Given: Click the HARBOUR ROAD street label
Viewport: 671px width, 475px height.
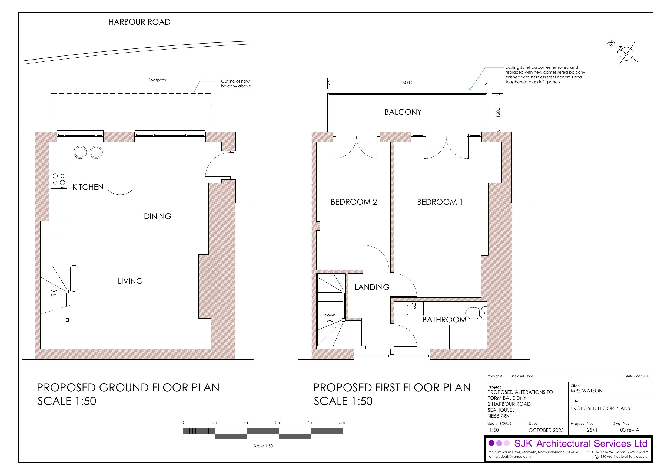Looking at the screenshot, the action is tap(139, 22).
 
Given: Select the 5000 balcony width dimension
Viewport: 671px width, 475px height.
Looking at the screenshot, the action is tap(407, 83).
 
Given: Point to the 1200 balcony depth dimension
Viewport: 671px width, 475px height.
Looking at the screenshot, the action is tap(498, 112).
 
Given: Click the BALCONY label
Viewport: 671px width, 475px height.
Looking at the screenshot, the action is tap(403, 112).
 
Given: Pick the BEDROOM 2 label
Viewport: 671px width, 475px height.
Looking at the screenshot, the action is tap(354, 202).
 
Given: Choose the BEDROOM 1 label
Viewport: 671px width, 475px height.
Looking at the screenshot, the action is tap(440, 202).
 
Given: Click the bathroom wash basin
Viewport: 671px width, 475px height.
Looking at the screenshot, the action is tap(414, 309).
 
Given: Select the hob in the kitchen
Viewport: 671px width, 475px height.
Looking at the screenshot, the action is tap(59, 180).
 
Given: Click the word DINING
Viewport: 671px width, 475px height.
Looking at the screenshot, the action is tap(158, 216).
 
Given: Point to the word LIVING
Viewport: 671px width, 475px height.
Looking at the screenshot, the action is tap(130, 281).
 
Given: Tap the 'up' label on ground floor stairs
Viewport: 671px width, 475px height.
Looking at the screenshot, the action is tap(54, 295).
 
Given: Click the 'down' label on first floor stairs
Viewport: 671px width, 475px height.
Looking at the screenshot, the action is tap(330, 315).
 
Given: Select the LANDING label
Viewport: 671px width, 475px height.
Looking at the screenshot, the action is tap(372, 287).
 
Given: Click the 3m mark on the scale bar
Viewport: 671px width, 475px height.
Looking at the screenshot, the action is tap(278, 422).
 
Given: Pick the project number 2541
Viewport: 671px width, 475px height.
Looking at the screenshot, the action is tap(592, 430).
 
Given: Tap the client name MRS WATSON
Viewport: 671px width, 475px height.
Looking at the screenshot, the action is tap(586, 391).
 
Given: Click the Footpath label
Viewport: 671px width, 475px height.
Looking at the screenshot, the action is tap(157, 80).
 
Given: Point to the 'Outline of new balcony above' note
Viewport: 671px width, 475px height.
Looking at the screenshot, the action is tap(236, 83).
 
